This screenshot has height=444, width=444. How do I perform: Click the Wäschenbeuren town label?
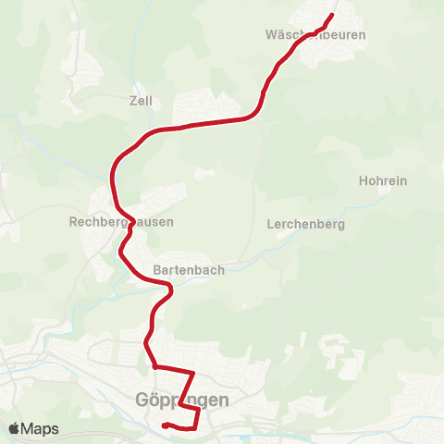(315, 35)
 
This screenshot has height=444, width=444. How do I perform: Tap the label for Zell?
(141, 101)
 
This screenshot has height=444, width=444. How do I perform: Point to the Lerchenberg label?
(305, 224)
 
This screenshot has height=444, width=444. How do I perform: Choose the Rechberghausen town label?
(121, 222)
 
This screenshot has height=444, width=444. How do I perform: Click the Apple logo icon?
(14, 429)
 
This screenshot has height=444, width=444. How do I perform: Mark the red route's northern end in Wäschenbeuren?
(331, 15)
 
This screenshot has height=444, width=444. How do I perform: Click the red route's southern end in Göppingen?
(164, 425)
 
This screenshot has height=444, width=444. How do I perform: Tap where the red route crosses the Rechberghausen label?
(131, 222)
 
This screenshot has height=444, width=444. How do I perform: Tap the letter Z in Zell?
(133, 101)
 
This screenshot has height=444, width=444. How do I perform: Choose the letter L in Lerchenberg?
(269, 224)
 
